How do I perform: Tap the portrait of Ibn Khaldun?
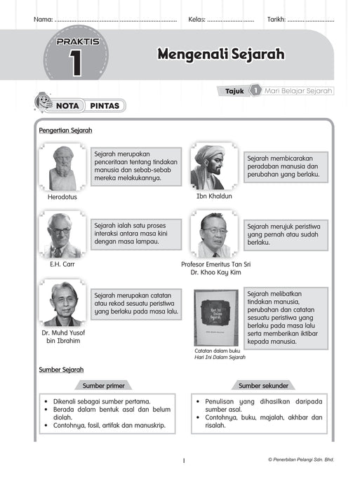(208, 167)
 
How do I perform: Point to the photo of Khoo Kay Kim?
(213, 236)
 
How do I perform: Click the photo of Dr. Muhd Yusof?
(62, 303)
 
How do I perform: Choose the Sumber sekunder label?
(260, 385)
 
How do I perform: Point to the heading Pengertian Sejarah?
(65, 130)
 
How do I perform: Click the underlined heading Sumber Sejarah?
(61, 369)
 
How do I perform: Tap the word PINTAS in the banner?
(107, 106)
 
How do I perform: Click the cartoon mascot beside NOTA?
(43, 103)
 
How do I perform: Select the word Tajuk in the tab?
(234, 90)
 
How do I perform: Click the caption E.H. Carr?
(62, 264)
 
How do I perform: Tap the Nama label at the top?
(43, 19)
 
